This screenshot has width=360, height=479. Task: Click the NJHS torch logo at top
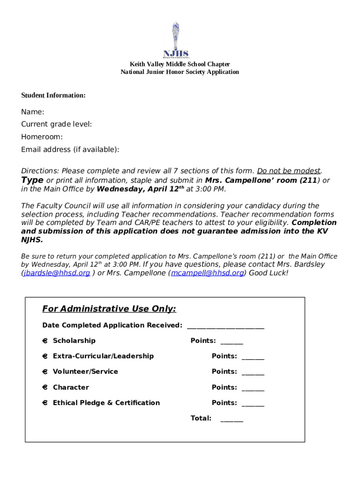pyautogui.click(x=176, y=40)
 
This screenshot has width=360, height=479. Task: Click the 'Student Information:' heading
pyautogui.click(x=53, y=95)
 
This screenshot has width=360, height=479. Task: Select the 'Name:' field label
pyautogui.click(x=33, y=112)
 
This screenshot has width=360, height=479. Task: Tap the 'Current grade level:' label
pyautogui.click(x=57, y=124)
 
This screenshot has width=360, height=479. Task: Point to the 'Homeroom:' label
pyautogui.click(x=42, y=137)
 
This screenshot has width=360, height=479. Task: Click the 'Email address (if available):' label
pyautogui.click(x=70, y=150)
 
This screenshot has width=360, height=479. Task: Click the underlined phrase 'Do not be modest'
pyautogui.click(x=289, y=171)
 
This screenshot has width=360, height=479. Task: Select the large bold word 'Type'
pyautogui.click(x=32, y=180)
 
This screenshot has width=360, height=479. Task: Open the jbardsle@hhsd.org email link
pyautogui.click(x=57, y=273)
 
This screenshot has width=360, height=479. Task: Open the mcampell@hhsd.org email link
pyautogui.click(x=207, y=273)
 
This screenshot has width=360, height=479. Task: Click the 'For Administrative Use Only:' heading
pyautogui.click(x=109, y=309)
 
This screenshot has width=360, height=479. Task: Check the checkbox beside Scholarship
pyautogui.click(x=45, y=341)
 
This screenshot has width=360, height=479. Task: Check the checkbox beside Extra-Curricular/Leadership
pyautogui.click(x=45, y=356)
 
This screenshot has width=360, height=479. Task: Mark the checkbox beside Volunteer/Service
pyautogui.click(x=45, y=372)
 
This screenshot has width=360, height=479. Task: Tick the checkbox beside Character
pyautogui.click(x=45, y=388)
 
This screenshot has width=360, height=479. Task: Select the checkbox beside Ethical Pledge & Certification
pyautogui.click(x=45, y=403)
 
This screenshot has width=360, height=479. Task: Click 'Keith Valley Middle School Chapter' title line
pyautogui.click(x=180, y=64)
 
